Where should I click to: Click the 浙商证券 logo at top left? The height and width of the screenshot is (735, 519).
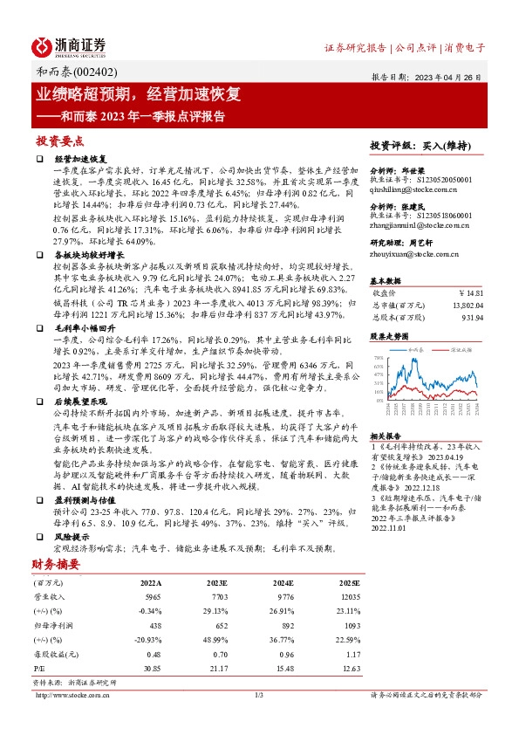point(70,45)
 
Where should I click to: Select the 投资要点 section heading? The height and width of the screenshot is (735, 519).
point(60,141)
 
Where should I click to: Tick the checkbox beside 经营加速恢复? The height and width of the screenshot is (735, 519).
point(40,160)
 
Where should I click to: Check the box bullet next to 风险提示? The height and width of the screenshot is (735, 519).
point(40,537)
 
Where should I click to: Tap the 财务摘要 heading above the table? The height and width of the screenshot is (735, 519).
point(55,564)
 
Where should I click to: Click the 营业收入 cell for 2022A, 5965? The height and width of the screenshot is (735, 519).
point(150,596)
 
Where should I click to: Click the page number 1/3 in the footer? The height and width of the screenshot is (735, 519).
point(259,695)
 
